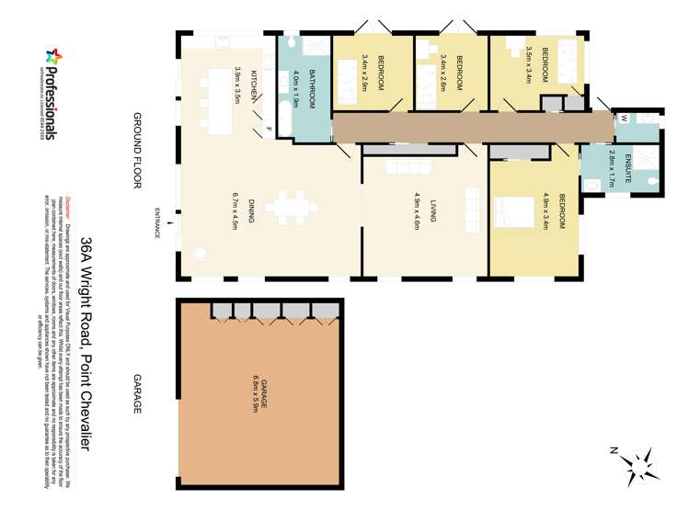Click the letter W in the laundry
pyautogui.click(x=624, y=118)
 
